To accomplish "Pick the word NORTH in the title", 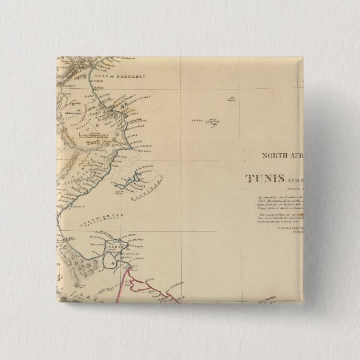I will click(x=274, y=157).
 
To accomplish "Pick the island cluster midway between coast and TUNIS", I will click(x=205, y=120).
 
